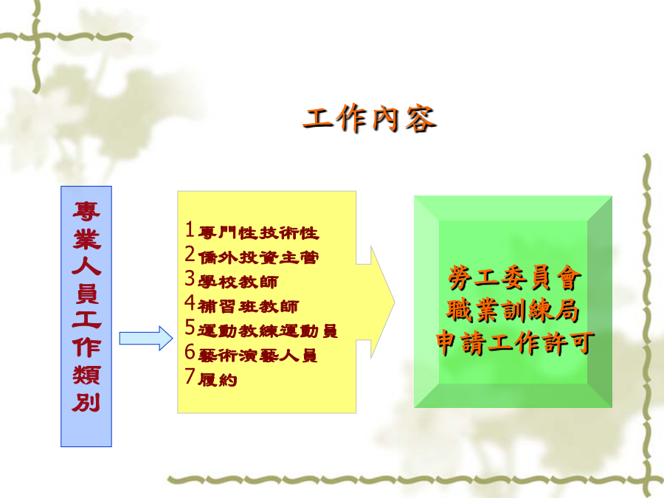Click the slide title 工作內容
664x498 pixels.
(x=370, y=119)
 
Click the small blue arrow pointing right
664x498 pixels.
(x=146, y=339)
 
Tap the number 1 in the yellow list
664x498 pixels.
(x=190, y=229)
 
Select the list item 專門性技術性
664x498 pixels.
(x=258, y=233)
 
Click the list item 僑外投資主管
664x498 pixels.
(x=258, y=257)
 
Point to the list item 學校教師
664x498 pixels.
(x=238, y=282)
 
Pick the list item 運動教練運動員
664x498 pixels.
(x=268, y=331)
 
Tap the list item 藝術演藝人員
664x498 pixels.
(x=257, y=356)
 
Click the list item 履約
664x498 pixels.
(x=217, y=380)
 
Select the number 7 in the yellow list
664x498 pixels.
(x=190, y=376)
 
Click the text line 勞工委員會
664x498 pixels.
(x=515, y=278)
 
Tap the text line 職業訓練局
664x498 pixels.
(x=513, y=311)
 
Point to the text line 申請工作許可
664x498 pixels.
(x=515, y=342)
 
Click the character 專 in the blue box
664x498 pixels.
(x=86, y=212)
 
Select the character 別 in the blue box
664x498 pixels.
(x=86, y=402)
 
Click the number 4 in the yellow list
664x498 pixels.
(x=190, y=302)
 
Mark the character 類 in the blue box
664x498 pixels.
(x=86, y=376)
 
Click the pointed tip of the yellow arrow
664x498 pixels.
(x=394, y=302)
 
